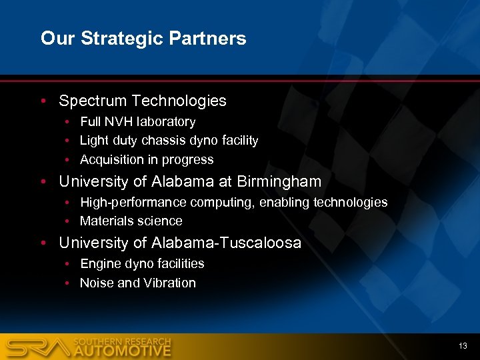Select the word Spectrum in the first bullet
[93, 101]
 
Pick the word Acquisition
[111, 160]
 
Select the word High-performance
[133, 202]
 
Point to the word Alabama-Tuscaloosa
[226, 243]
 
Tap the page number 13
[463, 346]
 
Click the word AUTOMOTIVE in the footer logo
[122, 350]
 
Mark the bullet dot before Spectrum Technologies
[43, 101]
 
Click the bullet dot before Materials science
[68, 221]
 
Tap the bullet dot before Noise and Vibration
[68, 283]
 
